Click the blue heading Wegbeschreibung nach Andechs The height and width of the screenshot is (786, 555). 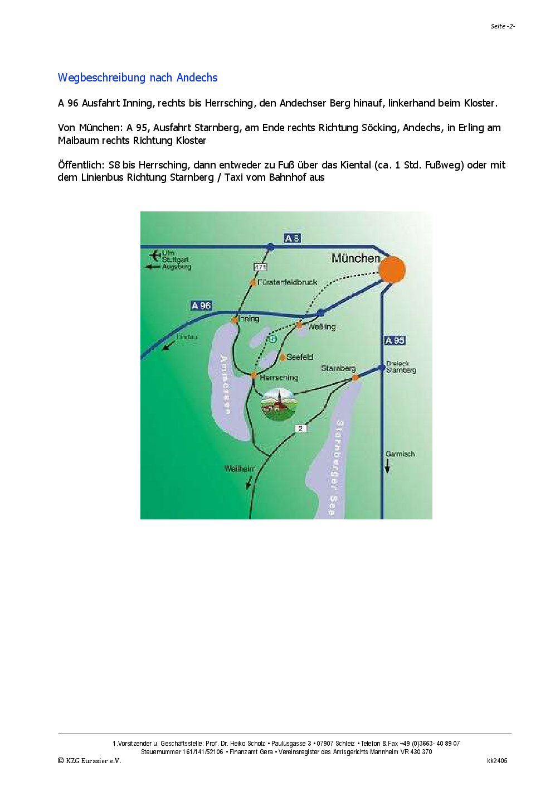click(138, 78)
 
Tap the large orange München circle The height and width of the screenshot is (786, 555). click(392, 269)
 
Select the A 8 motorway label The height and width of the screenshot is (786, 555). click(292, 238)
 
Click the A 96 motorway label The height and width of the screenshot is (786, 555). click(201, 305)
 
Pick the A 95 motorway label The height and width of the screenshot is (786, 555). click(395, 340)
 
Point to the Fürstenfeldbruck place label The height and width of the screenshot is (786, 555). click(287, 282)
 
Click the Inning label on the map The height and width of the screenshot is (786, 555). click(249, 319)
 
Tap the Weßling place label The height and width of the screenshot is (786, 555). click(322, 327)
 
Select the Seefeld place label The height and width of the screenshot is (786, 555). click(300, 357)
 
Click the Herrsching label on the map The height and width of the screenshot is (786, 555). click(279, 378)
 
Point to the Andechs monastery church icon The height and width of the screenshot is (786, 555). click(279, 404)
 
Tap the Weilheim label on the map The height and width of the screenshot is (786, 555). click(240, 469)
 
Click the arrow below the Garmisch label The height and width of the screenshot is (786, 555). click(387, 467)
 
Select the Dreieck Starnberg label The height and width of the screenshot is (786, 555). click(401, 367)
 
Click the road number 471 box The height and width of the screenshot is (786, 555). click(260, 267)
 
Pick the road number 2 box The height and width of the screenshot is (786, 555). click(301, 428)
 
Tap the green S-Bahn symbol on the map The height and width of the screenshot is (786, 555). click(272, 339)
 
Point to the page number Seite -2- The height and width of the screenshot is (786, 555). click(502, 26)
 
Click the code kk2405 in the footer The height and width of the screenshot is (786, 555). click(496, 760)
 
